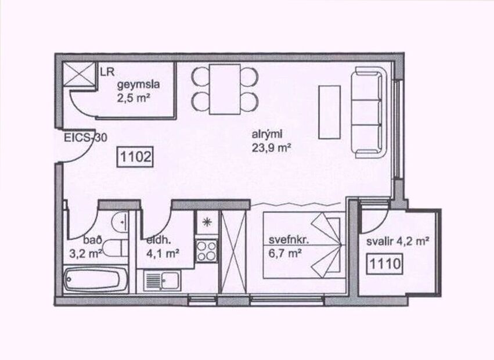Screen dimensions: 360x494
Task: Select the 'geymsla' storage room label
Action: click(x=137, y=85)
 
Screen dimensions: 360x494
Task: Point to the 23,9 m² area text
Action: click(x=271, y=148)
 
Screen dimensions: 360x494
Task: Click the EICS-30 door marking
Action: click(x=86, y=139)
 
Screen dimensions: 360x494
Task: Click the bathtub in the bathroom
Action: click(x=93, y=280)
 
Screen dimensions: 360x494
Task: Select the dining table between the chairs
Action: click(x=225, y=89)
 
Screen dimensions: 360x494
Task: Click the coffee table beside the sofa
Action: click(x=329, y=112)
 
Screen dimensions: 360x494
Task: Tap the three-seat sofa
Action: click(x=369, y=112)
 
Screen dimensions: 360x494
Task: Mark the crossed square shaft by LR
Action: click(x=80, y=75)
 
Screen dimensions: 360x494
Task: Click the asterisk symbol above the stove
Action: click(x=206, y=222)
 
